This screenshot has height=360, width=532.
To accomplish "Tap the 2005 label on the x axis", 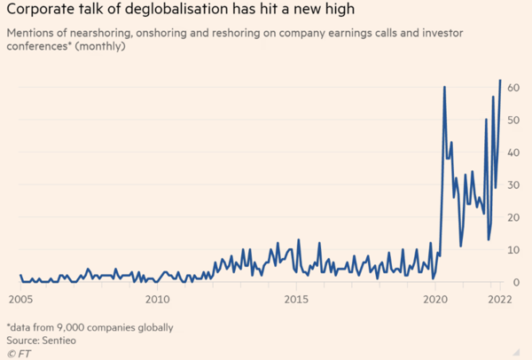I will [20, 299].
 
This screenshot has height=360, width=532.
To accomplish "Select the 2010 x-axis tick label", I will [157, 299].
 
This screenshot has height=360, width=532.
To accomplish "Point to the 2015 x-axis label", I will [296, 299].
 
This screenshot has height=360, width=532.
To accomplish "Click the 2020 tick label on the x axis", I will [435, 299].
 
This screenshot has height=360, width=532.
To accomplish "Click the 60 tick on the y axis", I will [513, 89].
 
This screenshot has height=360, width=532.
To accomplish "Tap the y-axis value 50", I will [513, 121].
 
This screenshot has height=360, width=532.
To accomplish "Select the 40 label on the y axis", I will [513, 153].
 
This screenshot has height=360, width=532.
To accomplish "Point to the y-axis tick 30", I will [513, 185].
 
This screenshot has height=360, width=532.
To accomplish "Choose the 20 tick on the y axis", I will [513, 218].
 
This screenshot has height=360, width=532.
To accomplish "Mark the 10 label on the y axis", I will [513, 250].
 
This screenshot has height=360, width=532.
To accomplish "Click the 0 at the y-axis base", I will [516, 283].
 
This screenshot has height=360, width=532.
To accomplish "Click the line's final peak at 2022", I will [500, 81].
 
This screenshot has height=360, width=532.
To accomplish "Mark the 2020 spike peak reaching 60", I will [443, 87].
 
